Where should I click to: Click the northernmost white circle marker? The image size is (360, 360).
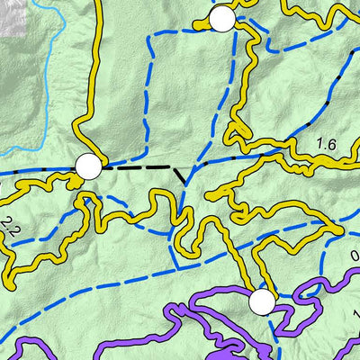(x=221, y=19)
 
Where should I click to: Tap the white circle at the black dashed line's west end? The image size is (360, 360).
(x=88, y=166)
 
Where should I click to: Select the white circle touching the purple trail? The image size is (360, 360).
(x=261, y=302)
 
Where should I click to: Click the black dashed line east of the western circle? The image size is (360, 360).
(x=135, y=167)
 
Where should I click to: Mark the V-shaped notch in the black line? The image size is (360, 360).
(x=184, y=178)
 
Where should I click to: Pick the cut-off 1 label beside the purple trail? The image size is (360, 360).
(x=356, y=315)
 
